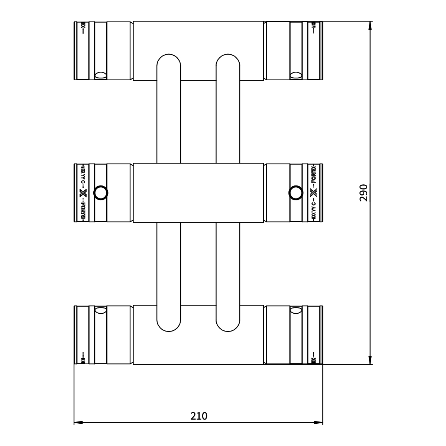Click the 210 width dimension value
pyautogui.click(x=199, y=416)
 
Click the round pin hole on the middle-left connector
pyautogui.click(x=101, y=193)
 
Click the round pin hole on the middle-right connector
pyautogui.click(x=296, y=193)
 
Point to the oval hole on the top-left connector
pyautogui.click(x=101, y=75)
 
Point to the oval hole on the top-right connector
pyautogui.click(x=296, y=75)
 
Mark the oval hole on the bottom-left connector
pyautogui.click(x=101, y=311)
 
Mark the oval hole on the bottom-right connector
pyautogui.click(x=296, y=311)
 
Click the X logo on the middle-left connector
pyautogui.click(x=83, y=193)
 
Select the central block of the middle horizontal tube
pyautogui.click(x=198, y=193)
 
